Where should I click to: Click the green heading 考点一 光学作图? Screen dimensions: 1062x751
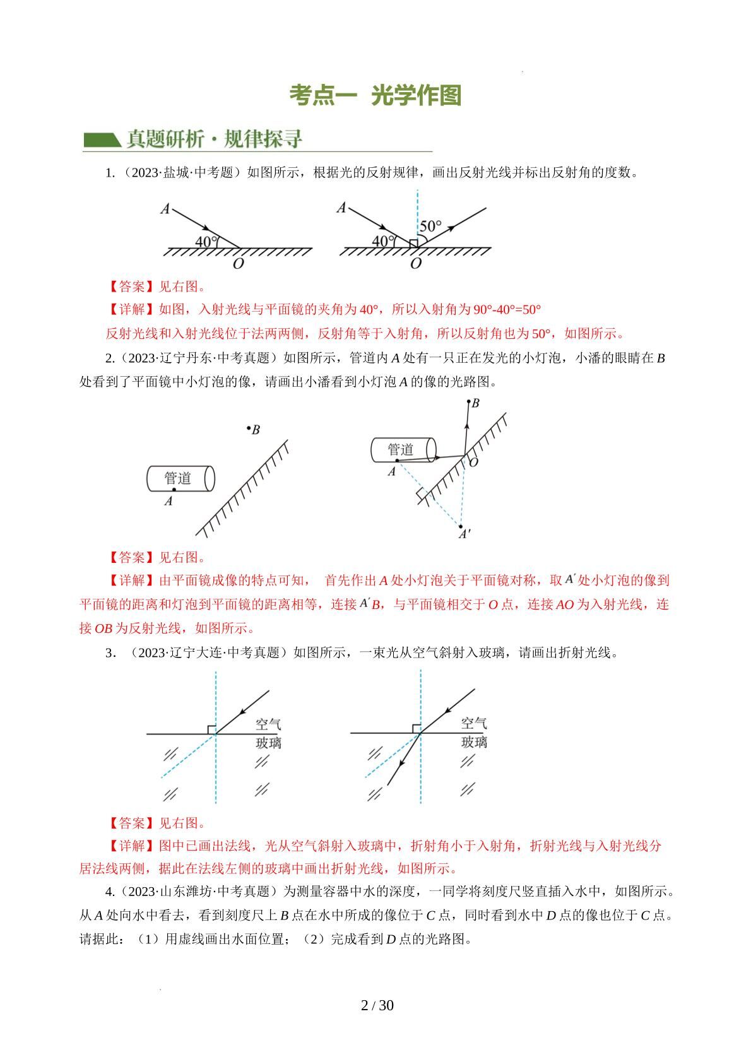375,95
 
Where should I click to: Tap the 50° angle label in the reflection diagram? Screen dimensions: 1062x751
430,226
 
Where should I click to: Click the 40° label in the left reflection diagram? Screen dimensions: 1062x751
206,241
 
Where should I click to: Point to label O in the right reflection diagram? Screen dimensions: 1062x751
415,264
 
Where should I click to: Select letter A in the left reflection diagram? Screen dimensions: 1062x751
165,208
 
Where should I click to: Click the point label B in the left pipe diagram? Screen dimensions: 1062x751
256,430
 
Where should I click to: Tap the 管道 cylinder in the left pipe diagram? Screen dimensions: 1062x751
180,478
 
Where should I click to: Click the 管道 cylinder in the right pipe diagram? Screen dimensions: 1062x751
403,449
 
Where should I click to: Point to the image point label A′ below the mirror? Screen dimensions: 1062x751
464,534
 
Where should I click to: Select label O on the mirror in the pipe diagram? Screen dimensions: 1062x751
473,463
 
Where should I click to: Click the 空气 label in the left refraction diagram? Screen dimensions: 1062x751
268,723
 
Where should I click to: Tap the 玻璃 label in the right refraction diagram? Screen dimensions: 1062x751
474,742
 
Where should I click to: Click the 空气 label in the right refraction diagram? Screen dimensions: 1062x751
474,723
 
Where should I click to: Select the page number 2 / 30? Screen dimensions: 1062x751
377,1006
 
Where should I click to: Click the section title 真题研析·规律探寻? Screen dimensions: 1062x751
215,138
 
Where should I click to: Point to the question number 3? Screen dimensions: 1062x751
109,653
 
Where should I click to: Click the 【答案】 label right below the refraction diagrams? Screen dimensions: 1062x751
131,823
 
